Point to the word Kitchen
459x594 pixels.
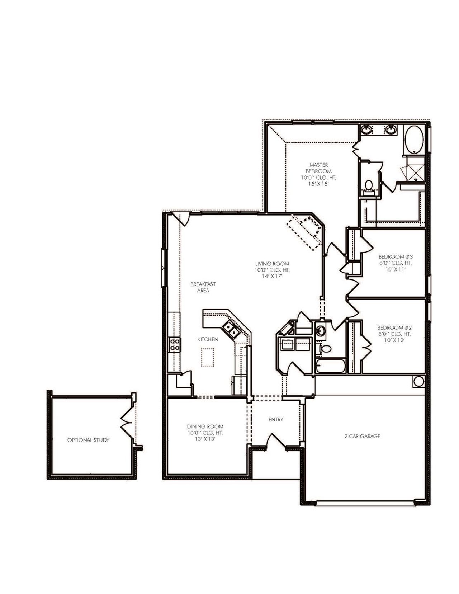[x=208, y=339]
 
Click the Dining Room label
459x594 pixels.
[x=205, y=426]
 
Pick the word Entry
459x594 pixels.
[x=276, y=419]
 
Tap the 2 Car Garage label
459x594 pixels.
[x=362, y=437]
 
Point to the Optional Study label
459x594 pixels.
[x=88, y=440]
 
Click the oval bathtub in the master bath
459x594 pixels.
[x=414, y=140]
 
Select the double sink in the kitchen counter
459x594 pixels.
[x=229, y=329]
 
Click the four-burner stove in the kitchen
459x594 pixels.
[x=174, y=344]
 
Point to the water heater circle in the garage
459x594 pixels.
[x=418, y=381]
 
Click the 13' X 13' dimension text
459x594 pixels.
[x=205, y=439]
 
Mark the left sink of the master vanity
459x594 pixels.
[x=367, y=129]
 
